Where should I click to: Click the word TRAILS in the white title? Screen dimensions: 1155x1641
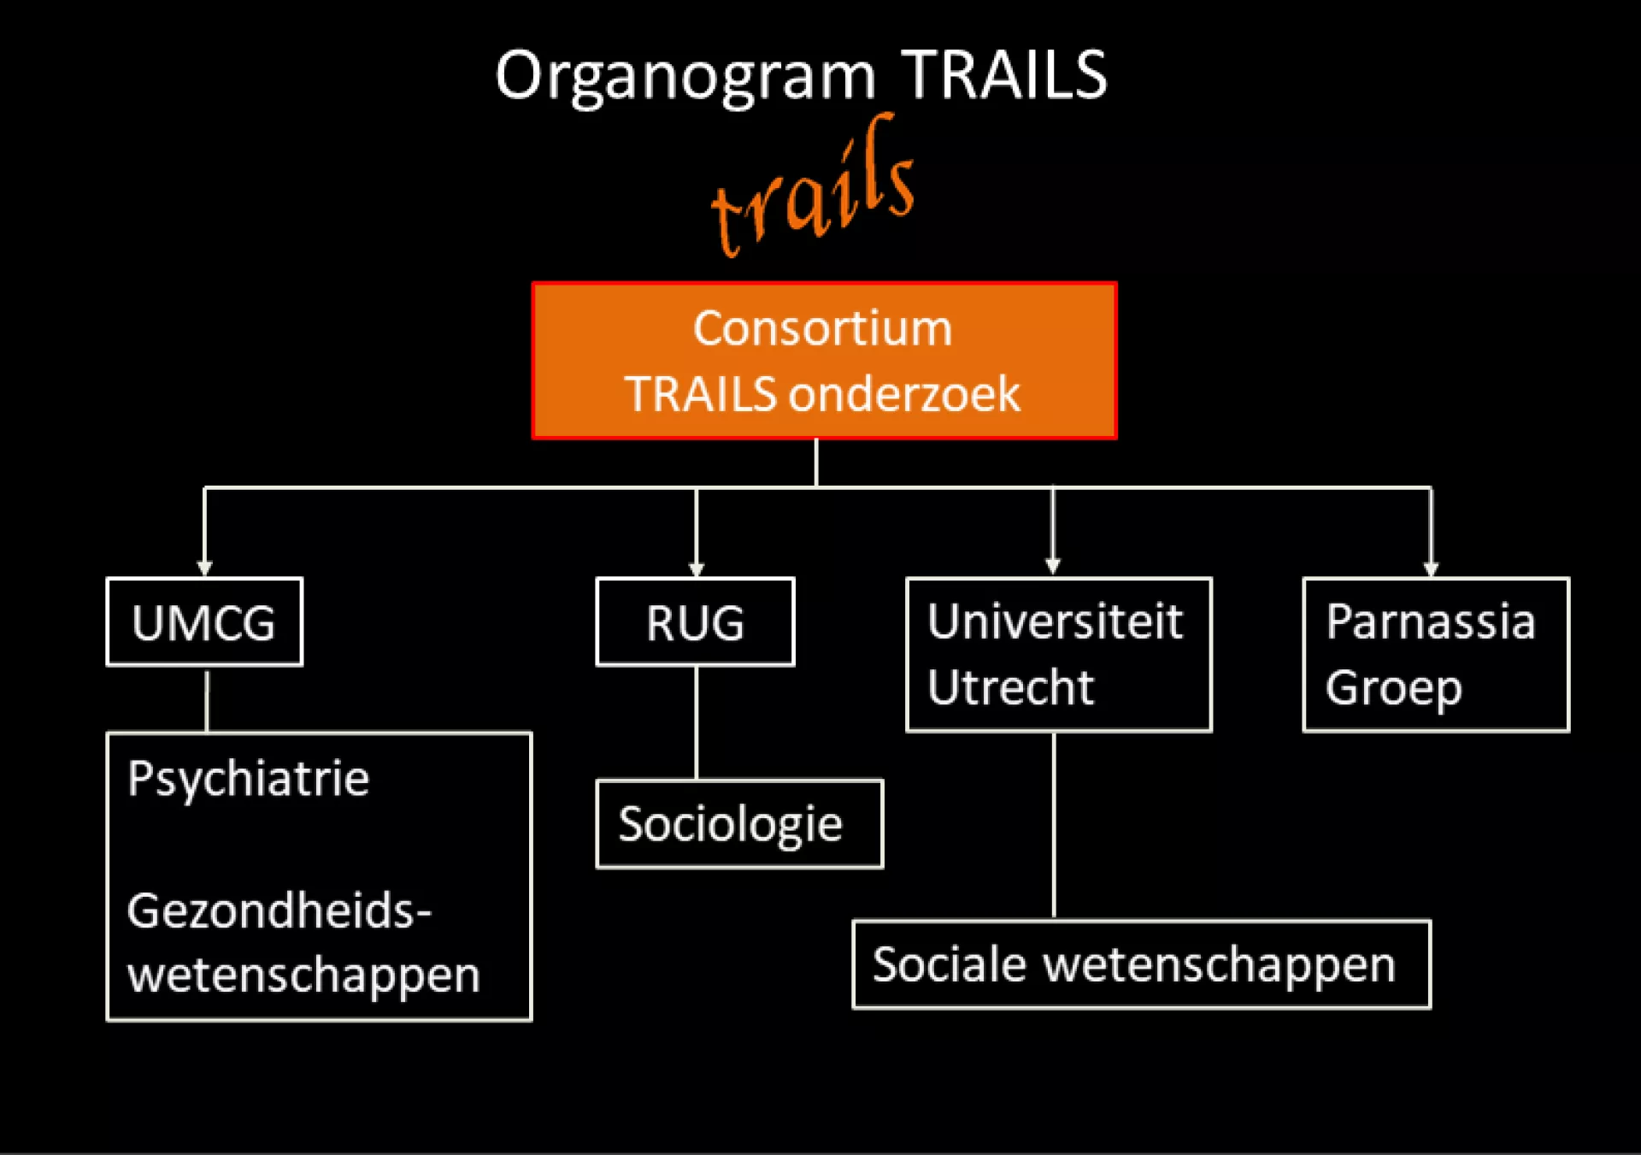coord(1004,75)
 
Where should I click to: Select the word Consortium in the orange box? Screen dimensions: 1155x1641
coord(822,328)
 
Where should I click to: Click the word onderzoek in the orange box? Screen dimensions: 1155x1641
coord(904,394)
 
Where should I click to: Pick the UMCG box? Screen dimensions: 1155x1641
coord(204,622)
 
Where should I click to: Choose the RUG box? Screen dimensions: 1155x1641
coord(695,622)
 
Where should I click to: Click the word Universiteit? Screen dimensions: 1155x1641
coord(1055,621)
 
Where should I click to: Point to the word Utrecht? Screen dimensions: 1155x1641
coord(1010,687)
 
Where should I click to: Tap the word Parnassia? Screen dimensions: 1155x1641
coord(1430,621)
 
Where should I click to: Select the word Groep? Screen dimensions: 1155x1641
coord(1393,687)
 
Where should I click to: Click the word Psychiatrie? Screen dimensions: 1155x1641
coord(248,778)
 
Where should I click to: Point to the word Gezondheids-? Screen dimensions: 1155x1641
coord(279,910)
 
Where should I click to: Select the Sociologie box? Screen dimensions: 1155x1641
coord(738,823)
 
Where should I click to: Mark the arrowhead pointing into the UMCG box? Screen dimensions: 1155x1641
coord(204,569)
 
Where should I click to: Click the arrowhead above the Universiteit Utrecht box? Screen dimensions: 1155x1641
coord(1053,566)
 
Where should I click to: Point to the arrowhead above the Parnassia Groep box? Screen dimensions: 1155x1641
coord(1431,569)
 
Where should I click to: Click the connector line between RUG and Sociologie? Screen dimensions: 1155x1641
coord(697,722)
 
